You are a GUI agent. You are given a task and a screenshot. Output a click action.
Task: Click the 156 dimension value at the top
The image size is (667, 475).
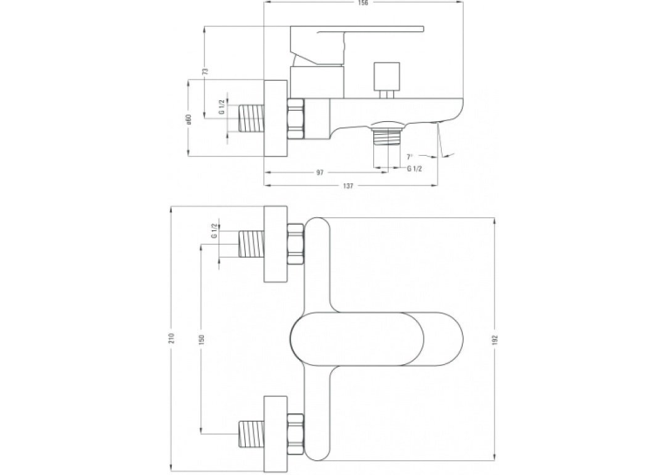(x=363, y=3)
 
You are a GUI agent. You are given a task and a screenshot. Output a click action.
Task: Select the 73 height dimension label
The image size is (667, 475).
(x=206, y=71)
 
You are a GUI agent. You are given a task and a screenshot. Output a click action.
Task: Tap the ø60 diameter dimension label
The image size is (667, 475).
(x=189, y=119)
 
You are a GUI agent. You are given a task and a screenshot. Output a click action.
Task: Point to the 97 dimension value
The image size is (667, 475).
(x=320, y=173)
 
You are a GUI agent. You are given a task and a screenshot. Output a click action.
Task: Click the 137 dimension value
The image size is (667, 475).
(x=348, y=185)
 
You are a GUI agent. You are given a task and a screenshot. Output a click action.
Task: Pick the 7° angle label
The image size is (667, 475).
(x=410, y=156)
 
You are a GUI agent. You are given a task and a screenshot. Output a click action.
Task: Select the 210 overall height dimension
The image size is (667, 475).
(x=172, y=338)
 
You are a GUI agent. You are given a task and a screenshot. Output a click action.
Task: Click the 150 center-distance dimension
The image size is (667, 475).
(x=202, y=339)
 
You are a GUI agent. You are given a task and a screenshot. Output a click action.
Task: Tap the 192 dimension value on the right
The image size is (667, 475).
(x=494, y=340)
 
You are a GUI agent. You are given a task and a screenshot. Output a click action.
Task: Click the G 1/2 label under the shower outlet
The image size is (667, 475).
(x=414, y=169)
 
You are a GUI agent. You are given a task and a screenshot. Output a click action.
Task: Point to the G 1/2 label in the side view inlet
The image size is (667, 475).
(x=221, y=107)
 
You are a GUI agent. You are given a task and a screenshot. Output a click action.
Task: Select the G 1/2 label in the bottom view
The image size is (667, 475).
(x=214, y=231)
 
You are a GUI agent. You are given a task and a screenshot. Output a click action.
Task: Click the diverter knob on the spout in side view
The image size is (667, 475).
(x=386, y=80)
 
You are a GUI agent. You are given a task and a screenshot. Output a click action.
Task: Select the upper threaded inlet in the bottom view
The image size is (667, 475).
(x=252, y=244)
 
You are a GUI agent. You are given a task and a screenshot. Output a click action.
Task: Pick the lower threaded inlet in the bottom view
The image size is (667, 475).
(x=252, y=433)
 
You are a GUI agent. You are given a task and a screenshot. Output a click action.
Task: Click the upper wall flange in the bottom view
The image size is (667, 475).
(x=276, y=244)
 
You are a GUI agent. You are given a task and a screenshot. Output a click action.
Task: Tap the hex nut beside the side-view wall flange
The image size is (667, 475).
(x=296, y=119)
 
